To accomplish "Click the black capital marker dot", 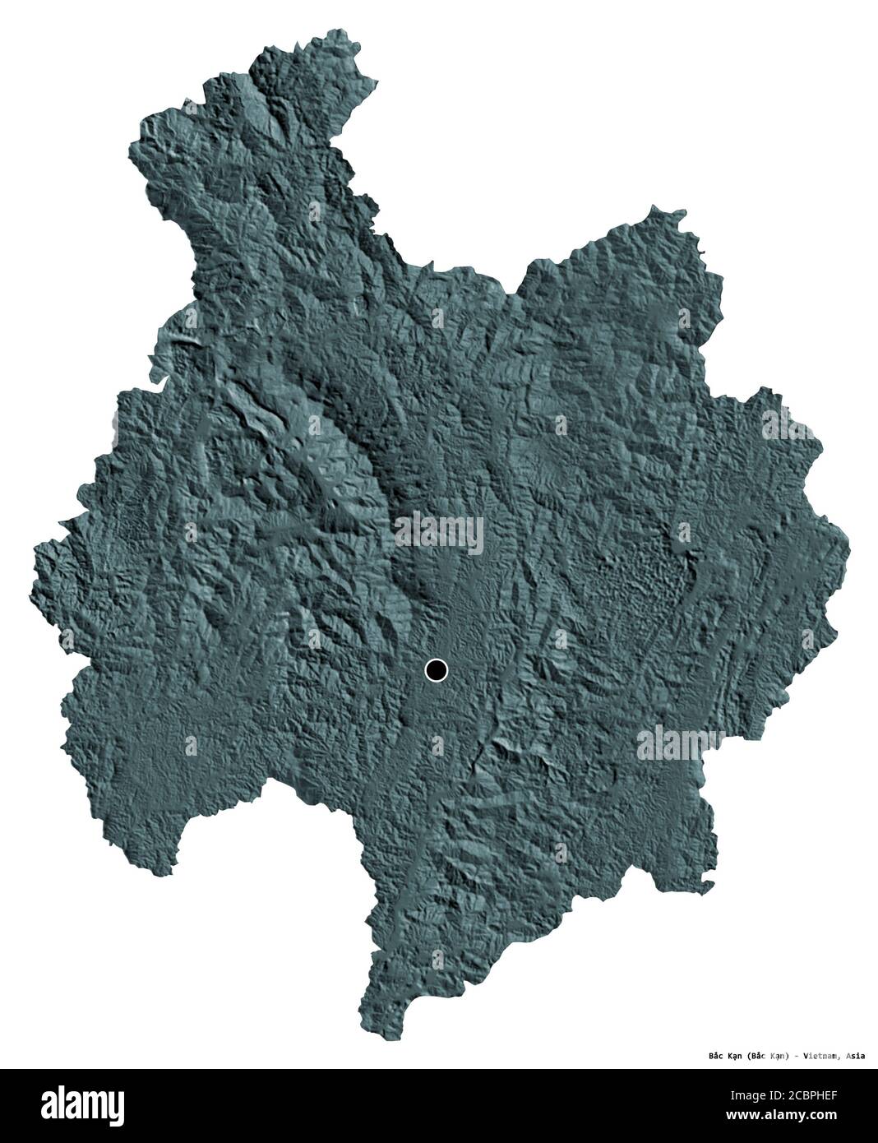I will pos(436,671).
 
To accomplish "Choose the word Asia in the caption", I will pos(855,1056).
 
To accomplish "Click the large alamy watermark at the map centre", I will pos(439,530).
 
